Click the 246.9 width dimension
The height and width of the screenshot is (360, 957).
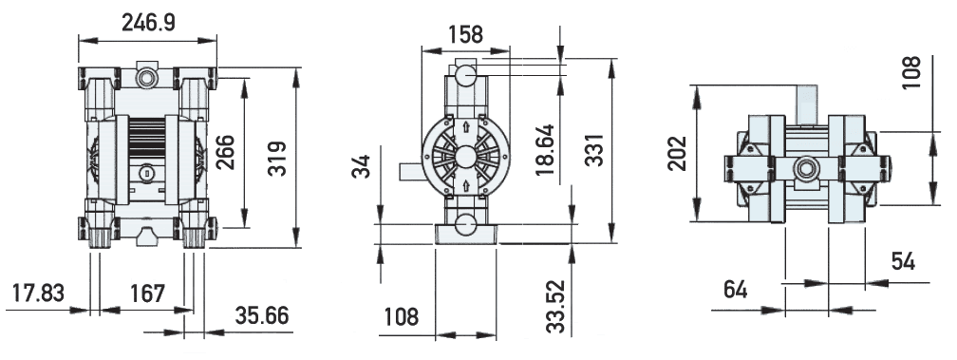(147, 22)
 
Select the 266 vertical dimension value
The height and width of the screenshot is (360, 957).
(227, 149)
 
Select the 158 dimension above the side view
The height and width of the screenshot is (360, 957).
(465, 34)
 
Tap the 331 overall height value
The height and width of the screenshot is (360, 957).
(594, 148)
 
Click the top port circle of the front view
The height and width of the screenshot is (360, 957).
(146, 74)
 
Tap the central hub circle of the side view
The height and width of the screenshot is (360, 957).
(465, 157)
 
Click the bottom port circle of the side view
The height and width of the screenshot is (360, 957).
(465, 225)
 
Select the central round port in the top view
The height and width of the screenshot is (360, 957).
(807, 168)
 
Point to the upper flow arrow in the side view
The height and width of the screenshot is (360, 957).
(465, 127)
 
